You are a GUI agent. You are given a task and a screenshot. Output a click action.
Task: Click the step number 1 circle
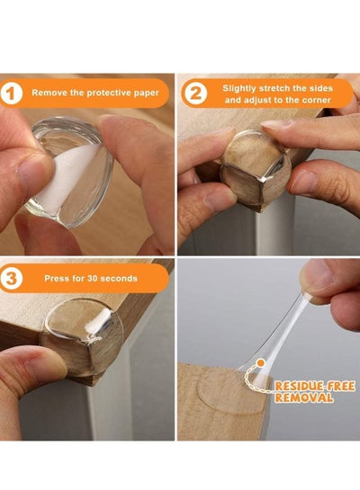(12, 94)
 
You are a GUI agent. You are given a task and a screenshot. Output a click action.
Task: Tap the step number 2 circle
(195, 94)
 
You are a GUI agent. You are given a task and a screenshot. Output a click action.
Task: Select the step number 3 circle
(12, 278)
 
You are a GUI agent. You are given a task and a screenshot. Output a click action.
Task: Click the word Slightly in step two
(239, 88)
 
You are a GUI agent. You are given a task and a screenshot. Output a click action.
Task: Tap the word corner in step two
(317, 101)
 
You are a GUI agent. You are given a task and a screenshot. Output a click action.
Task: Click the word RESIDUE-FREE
(315, 387)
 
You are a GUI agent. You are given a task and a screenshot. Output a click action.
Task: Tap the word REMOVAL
(303, 397)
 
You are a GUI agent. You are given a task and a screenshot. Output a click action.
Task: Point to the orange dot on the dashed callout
(260, 363)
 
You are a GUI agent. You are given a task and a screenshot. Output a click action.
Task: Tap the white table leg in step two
(272, 228)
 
